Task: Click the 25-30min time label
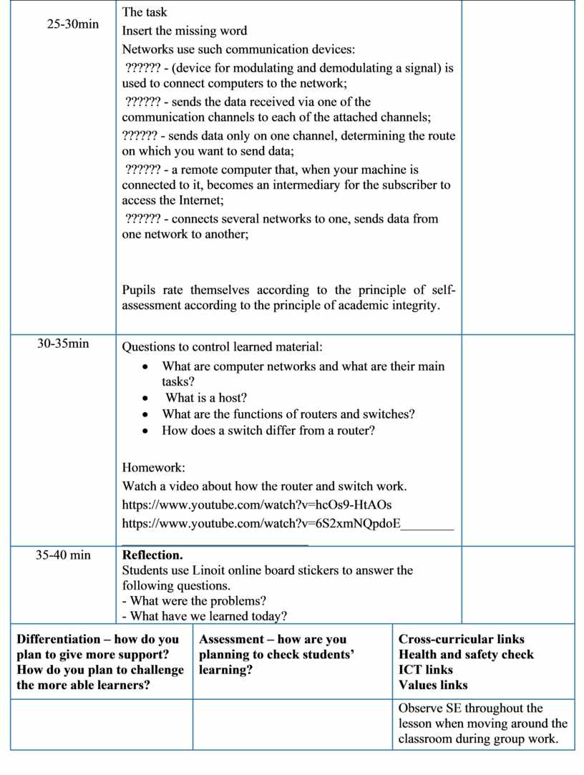coord(72,24)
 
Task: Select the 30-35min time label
coord(63,343)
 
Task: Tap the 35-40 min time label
coord(63,555)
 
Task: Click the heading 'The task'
coord(145,12)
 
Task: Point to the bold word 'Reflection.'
coord(152,555)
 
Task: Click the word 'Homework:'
coord(153,468)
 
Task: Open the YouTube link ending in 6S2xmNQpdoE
coord(261,523)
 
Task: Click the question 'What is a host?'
coord(206,398)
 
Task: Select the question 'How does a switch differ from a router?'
coord(268,431)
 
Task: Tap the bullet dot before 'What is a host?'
coord(146,399)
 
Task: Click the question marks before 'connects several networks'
coord(142,219)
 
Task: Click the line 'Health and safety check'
coord(466,654)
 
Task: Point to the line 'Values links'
coord(433,685)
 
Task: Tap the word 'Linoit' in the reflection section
coord(209,570)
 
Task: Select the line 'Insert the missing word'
coord(185,31)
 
